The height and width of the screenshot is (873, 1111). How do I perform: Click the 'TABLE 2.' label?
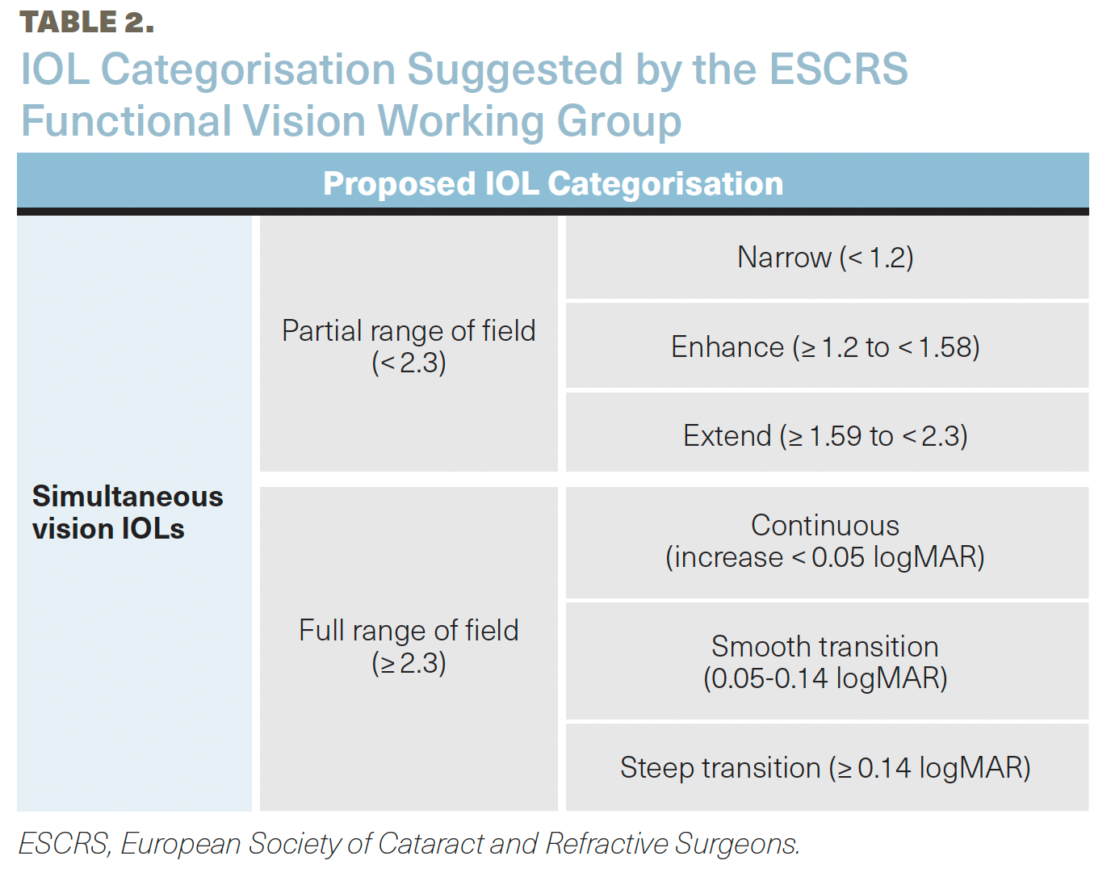87,23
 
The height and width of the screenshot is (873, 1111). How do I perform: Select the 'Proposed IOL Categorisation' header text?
553,183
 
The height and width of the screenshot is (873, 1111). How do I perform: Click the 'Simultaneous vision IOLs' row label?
128,512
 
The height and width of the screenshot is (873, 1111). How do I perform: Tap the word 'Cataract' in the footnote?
430,843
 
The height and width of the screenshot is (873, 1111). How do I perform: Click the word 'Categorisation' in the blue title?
248,70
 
